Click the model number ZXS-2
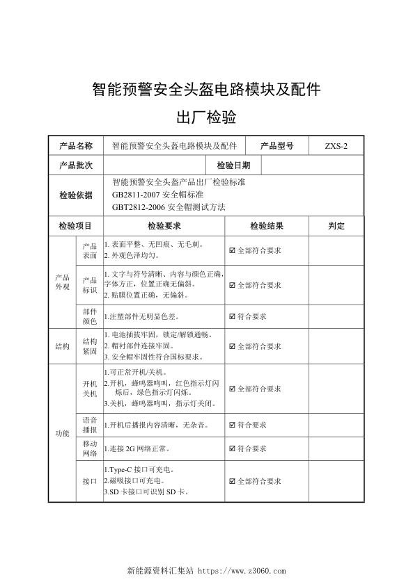click(334, 146)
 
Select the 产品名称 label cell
click(76, 146)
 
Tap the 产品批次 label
click(76, 165)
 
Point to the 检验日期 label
click(233, 165)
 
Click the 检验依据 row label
click(76, 195)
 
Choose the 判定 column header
click(336, 226)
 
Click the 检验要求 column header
click(164, 226)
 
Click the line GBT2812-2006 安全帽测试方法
click(169, 207)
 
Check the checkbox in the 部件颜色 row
click(233, 316)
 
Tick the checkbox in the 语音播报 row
click(233, 424)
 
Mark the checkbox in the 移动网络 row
click(233, 448)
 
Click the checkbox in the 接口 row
click(233, 481)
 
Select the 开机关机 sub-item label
click(90, 389)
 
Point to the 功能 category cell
click(62, 434)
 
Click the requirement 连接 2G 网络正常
click(137, 448)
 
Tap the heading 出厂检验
click(206, 117)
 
